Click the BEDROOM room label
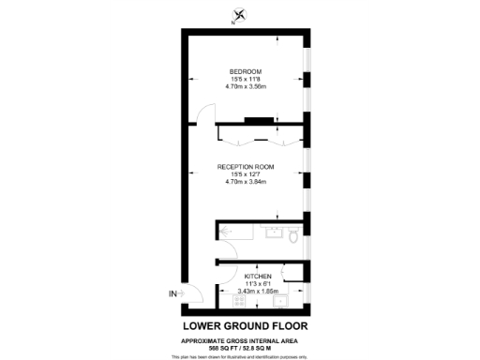click(x=247, y=72)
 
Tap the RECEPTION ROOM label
click(x=247, y=166)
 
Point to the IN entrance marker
click(x=172, y=294)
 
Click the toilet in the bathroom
click(x=294, y=239)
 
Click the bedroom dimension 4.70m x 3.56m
click(x=247, y=87)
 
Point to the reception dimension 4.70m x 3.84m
click(x=247, y=181)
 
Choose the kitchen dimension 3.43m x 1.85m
click(x=258, y=292)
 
